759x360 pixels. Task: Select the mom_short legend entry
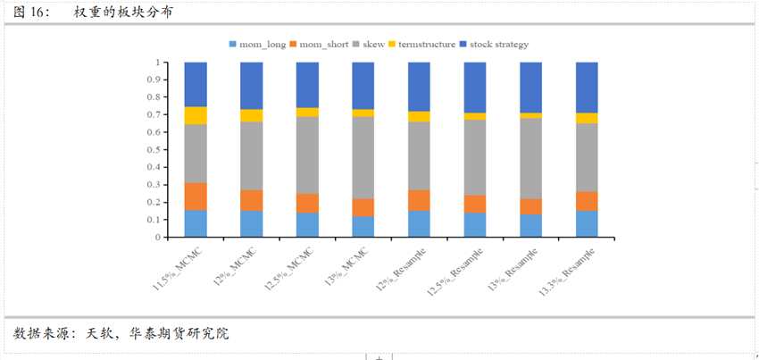pos(324,44)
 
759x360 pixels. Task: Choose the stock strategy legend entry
pos(499,44)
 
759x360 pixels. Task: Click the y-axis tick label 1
pos(159,63)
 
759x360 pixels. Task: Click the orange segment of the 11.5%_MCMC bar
pos(196,197)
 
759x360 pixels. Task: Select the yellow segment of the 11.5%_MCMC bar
pos(196,115)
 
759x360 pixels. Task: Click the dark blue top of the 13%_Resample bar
pos(531,88)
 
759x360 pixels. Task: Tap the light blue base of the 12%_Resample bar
pos(420,224)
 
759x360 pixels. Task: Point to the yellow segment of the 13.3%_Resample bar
pos(587,118)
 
